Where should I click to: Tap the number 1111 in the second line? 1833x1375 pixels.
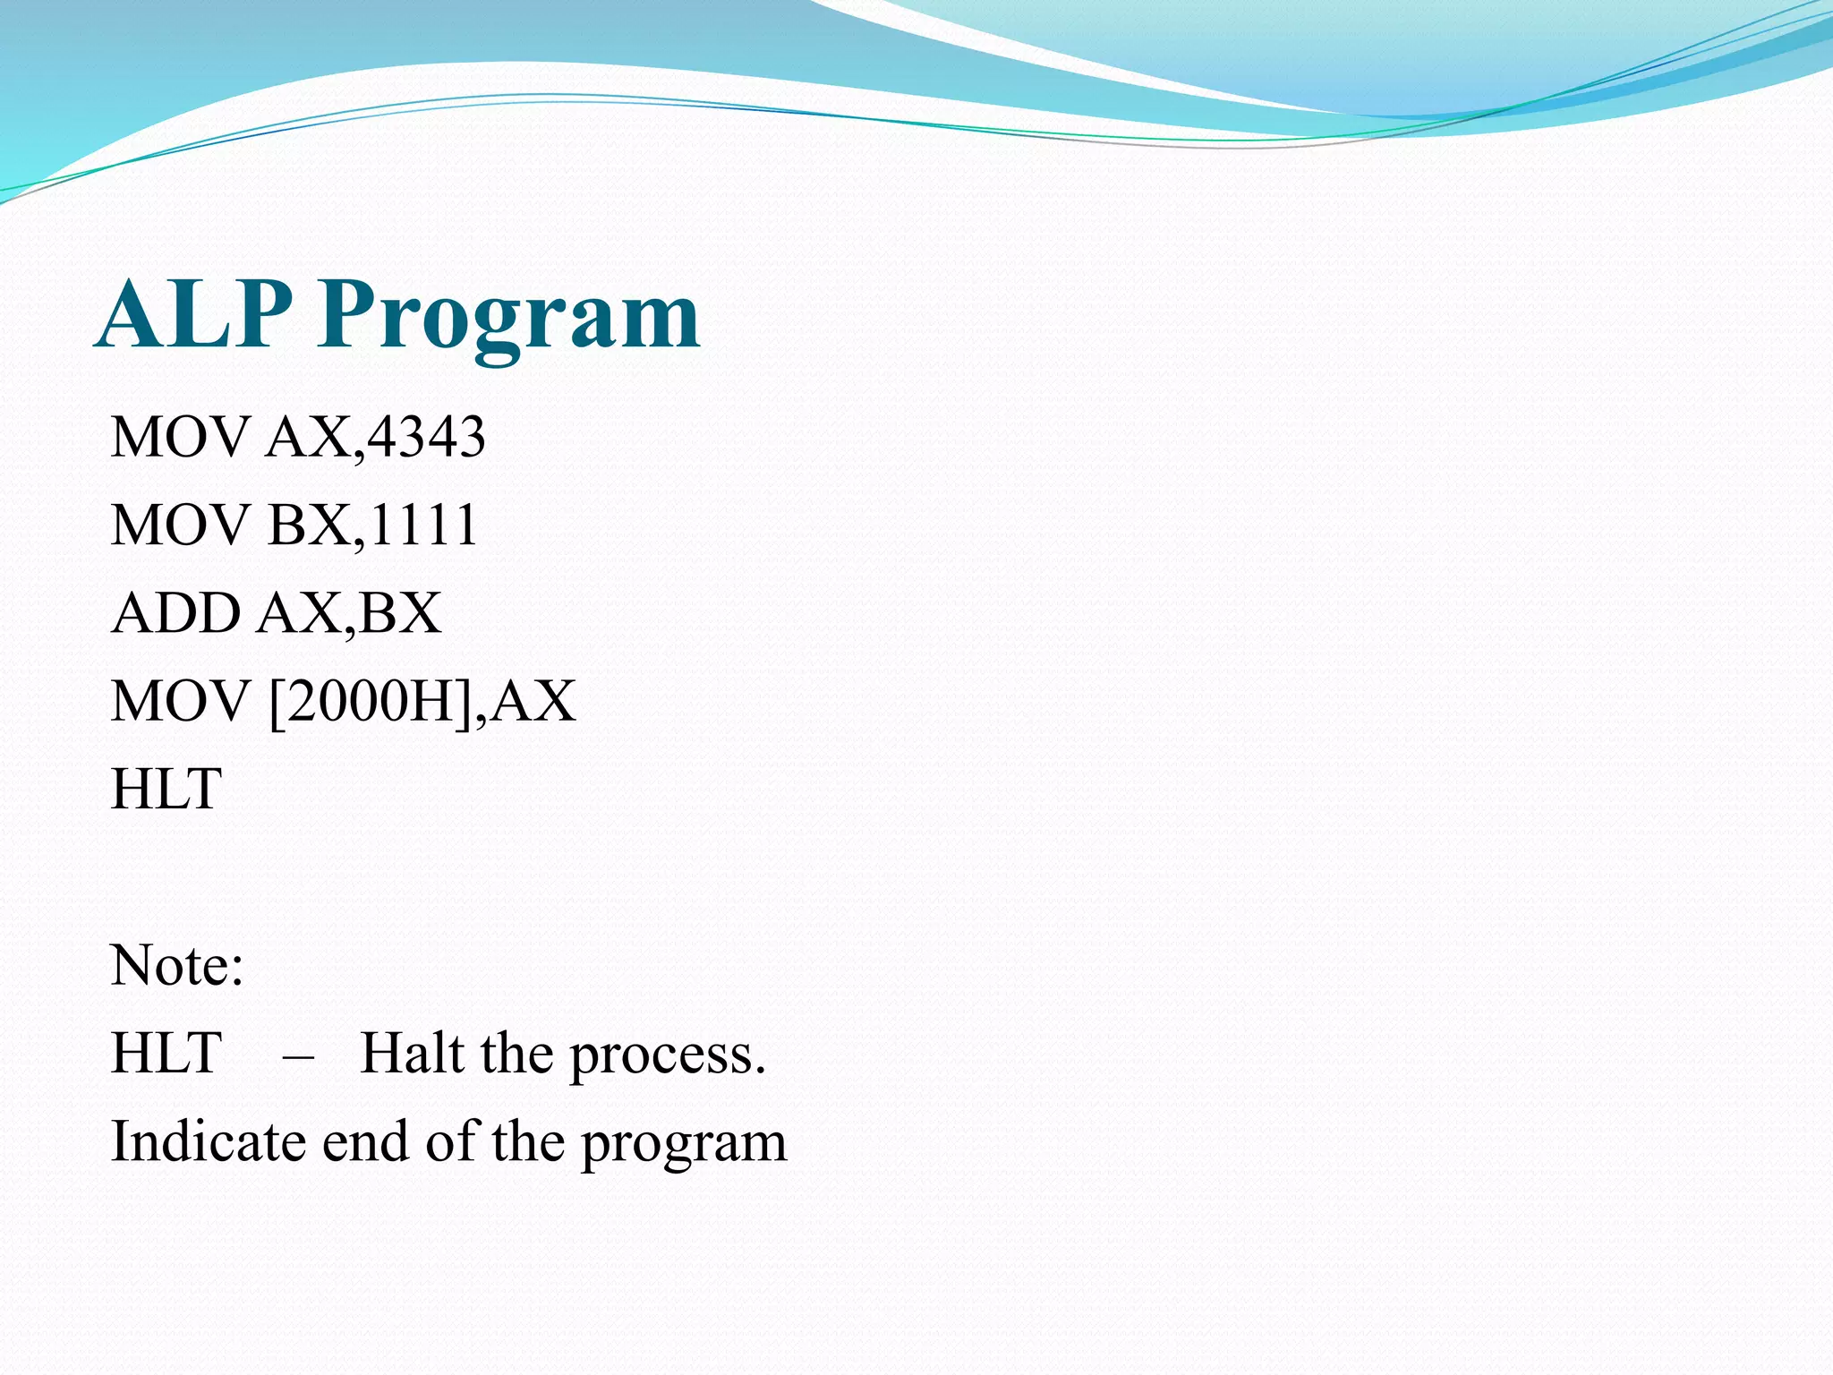click(423, 525)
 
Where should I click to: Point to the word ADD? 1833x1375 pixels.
click(176, 613)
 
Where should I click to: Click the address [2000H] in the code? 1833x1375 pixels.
click(370, 701)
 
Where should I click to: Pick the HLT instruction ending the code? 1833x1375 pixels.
click(166, 789)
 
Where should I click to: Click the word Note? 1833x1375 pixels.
click(177, 965)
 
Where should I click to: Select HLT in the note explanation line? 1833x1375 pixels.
click(166, 1053)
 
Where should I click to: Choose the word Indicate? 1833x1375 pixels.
click(208, 1141)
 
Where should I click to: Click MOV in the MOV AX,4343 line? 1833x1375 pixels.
click(179, 438)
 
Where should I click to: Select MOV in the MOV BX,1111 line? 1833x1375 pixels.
click(179, 525)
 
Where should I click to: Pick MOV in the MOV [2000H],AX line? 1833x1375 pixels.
click(179, 701)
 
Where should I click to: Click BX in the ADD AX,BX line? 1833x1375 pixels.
click(400, 613)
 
